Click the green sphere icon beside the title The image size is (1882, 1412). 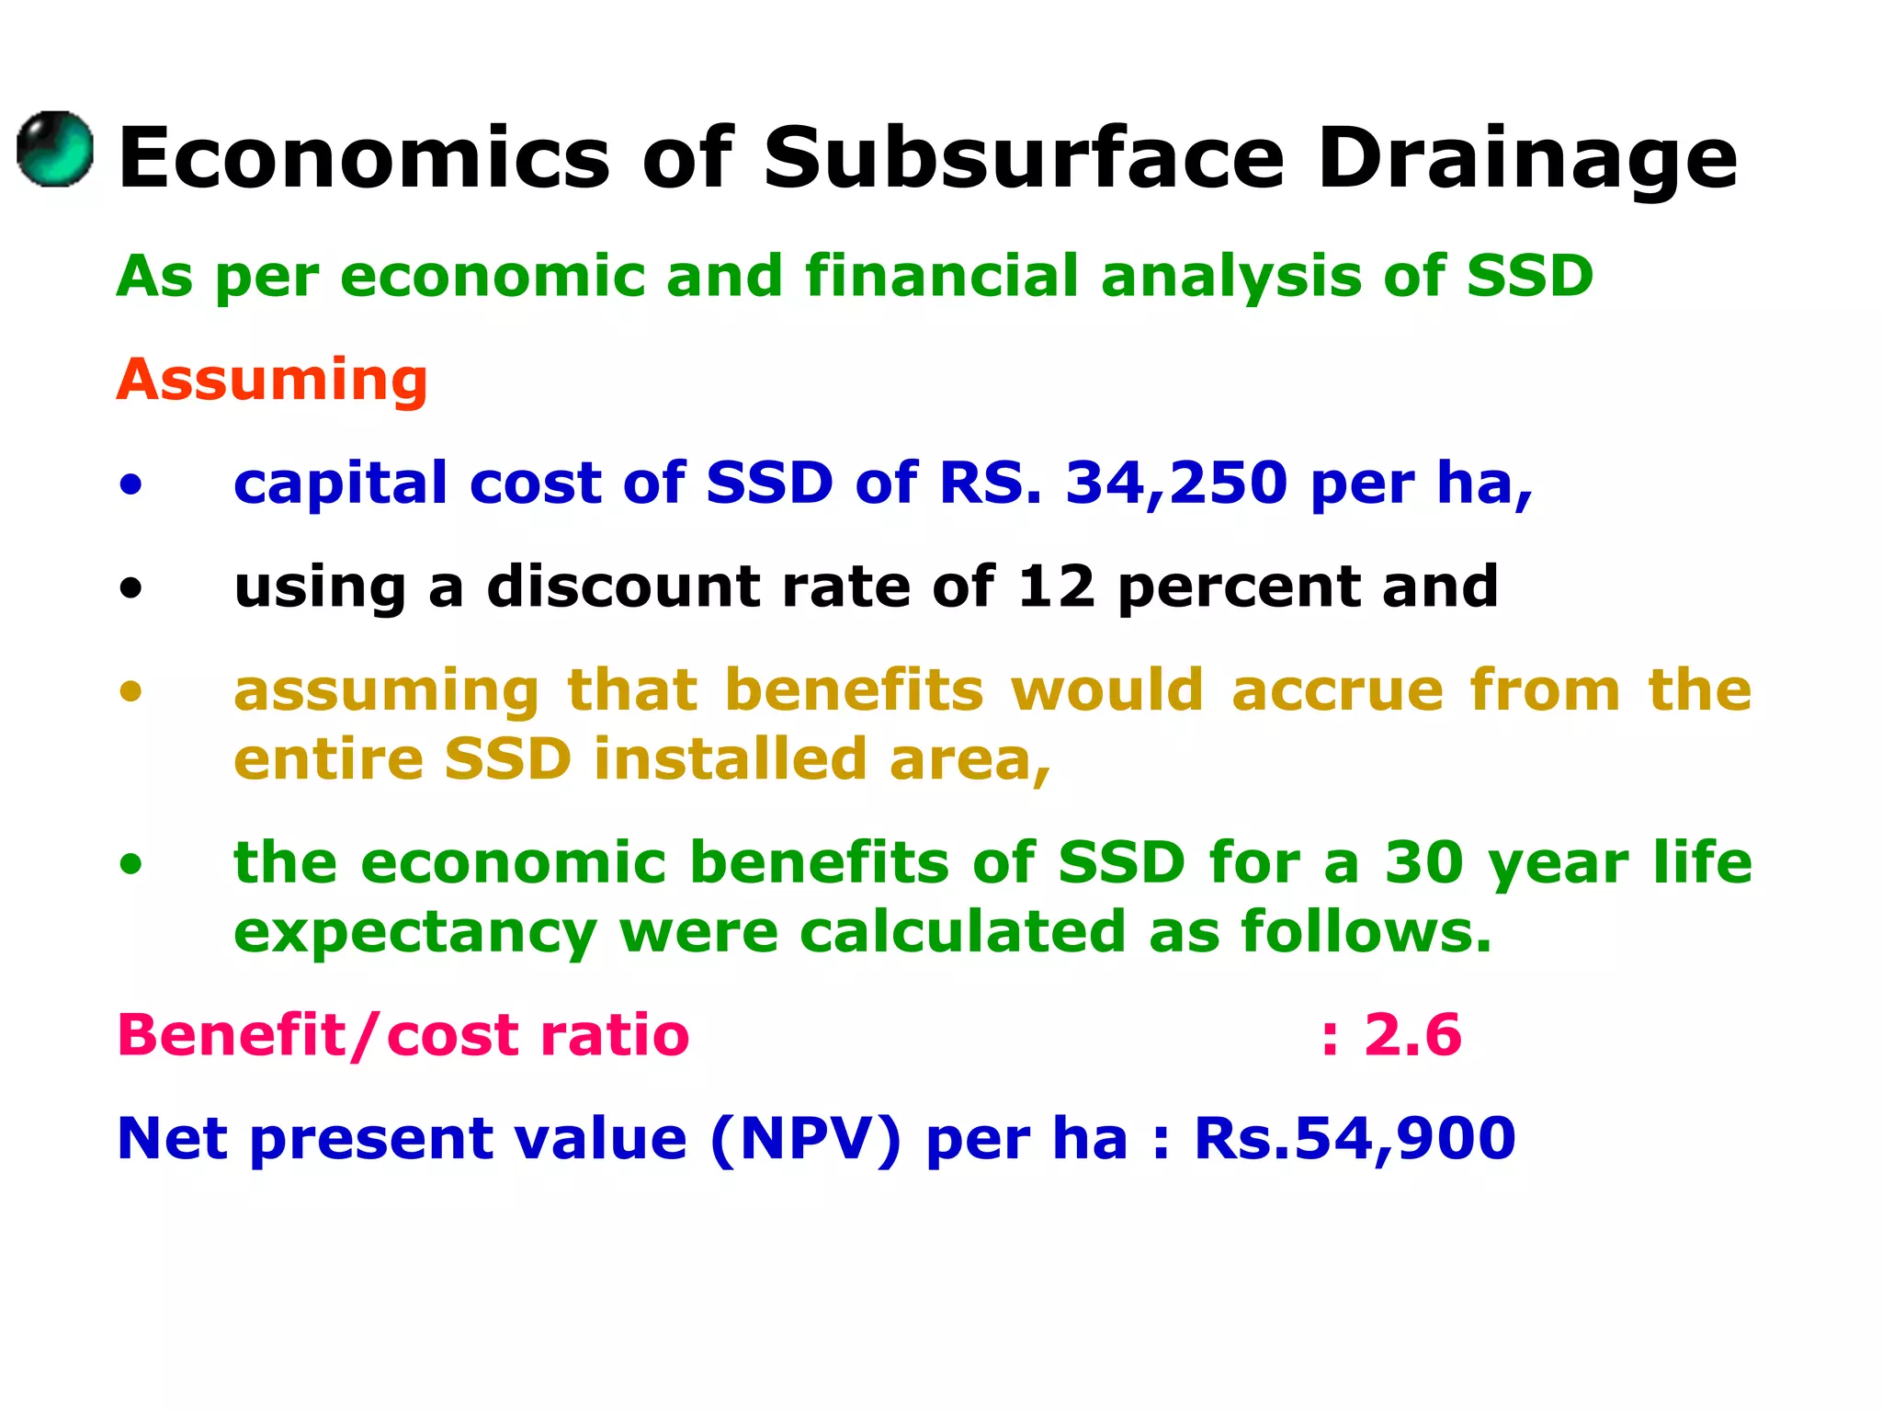coord(55,150)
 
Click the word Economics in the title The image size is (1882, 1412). coord(364,158)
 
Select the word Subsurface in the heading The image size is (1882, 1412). coord(1023,158)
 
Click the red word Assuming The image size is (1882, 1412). coord(272,380)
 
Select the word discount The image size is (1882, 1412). coord(623,586)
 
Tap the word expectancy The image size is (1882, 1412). coord(415,932)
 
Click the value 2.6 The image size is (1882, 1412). coord(1412,1035)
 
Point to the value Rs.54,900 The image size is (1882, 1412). coord(1355,1138)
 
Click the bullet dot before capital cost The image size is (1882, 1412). coord(131,484)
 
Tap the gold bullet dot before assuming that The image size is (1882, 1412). coord(131,691)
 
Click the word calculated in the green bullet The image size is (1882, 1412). coord(962,932)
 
